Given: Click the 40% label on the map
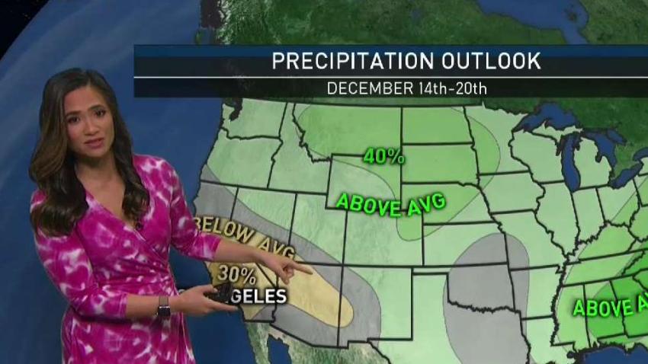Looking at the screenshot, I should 383,157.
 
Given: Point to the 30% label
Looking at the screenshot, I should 236,272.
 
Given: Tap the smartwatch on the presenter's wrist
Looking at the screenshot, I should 163,306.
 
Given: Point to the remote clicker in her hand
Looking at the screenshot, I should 223,295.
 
